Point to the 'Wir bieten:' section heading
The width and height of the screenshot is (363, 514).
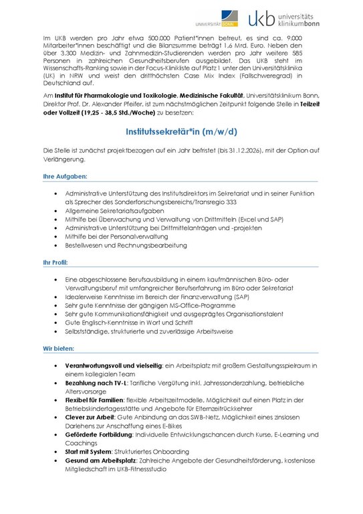pos(59,349)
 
